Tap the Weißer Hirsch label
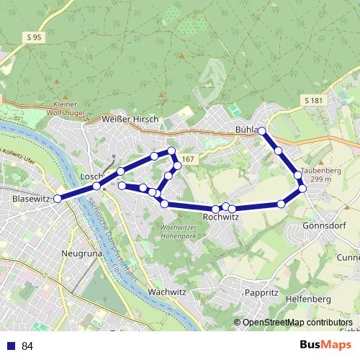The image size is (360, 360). (x=130, y=119)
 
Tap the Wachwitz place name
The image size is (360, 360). (x=166, y=292)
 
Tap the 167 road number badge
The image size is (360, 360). (x=189, y=159)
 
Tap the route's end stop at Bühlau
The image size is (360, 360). (x=262, y=131)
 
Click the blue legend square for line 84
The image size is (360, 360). (x=11, y=346)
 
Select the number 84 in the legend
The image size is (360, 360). (x=27, y=346)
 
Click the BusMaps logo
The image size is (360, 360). (x=325, y=345)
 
